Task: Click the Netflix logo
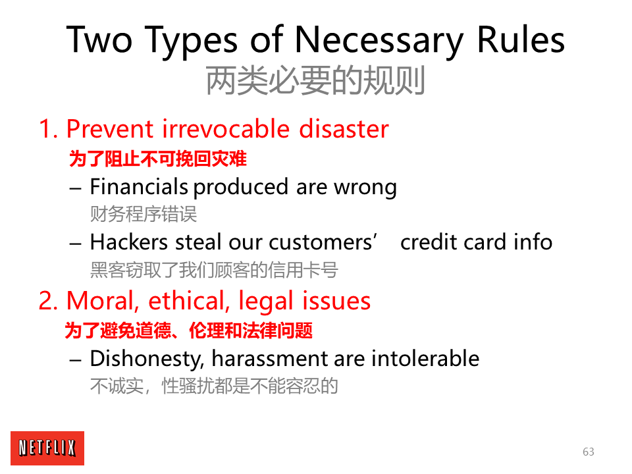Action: pos(47,448)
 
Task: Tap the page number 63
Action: pos(588,452)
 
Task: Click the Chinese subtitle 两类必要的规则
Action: pos(315,80)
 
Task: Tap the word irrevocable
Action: pos(226,129)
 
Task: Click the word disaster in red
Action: pos(344,129)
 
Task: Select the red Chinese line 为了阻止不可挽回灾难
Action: pos(157,159)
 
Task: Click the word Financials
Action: pos(139,186)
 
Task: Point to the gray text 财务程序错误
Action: pos(144,213)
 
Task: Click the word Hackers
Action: pos(128,242)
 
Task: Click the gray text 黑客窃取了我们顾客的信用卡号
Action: pos(214,270)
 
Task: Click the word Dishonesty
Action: pos(147,359)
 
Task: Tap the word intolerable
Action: pos(425,358)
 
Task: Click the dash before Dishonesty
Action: pos(75,360)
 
